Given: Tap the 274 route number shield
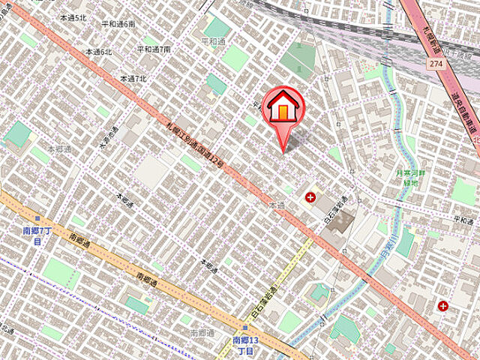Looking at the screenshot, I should pos(434,65).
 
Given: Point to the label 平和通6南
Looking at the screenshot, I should pos(119,25).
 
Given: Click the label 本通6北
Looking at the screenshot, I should pos(98,52).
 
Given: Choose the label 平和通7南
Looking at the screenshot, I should pos(154,49).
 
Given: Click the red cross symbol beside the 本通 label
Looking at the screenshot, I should pos(310,197).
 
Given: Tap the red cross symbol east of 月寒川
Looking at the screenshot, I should pos(443,306).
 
